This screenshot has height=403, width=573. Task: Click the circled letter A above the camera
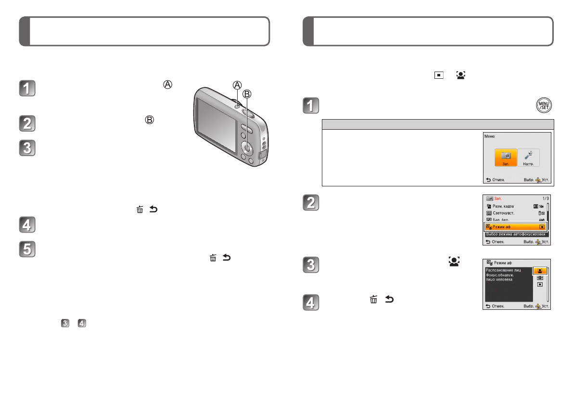click(237, 85)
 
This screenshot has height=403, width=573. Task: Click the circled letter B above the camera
click(248, 93)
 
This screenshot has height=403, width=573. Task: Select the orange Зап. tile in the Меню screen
click(506, 157)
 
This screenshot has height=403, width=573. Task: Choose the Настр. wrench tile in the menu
click(529, 157)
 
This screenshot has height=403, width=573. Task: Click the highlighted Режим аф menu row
click(516, 226)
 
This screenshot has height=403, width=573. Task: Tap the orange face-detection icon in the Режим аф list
click(540, 271)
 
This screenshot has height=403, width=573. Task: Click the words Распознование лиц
click(503, 270)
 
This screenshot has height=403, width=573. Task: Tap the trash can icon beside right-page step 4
click(373, 300)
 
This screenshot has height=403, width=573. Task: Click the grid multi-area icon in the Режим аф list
click(540, 278)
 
